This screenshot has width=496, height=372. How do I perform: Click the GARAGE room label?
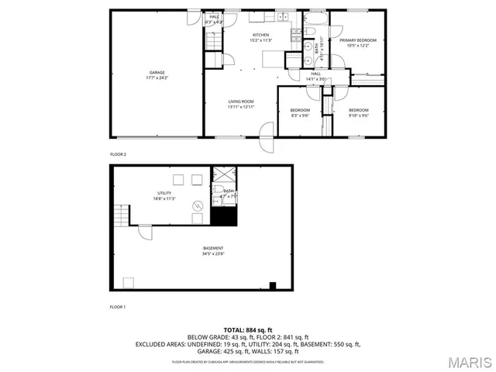[157, 73]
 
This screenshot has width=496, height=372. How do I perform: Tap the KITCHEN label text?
[260, 36]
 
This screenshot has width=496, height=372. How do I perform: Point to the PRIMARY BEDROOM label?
[357, 40]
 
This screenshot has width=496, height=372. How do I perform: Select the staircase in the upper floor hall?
[213, 40]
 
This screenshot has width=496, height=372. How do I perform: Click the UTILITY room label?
[164, 193]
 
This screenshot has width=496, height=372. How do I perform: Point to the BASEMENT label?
[202, 248]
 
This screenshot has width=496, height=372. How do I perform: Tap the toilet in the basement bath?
[219, 190]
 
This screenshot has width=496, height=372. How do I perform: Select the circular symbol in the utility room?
[198, 206]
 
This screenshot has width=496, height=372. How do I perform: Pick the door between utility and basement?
[145, 230]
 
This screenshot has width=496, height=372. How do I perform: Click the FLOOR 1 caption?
[118, 308]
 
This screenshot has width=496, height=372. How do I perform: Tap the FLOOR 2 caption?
[118, 154]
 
